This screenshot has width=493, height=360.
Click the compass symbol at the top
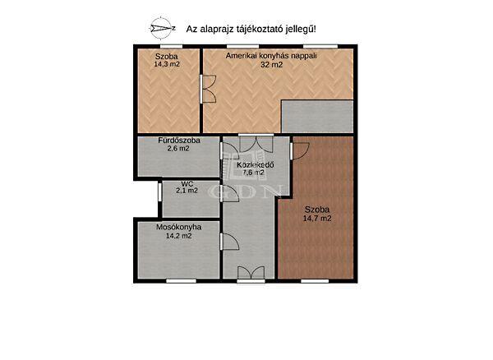[162, 28]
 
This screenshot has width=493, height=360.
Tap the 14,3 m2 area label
[167, 64]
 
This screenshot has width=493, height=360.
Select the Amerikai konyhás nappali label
[271, 56]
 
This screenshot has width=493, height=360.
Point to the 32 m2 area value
[271, 65]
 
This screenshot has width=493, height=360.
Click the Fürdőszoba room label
[179, 141]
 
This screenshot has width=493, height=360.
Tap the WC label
[187, 183]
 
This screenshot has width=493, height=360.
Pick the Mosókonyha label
[179, 227]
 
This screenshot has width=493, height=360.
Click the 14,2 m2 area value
[179, 236]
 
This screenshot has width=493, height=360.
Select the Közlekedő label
[256, 164]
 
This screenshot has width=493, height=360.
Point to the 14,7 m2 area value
[317, 218]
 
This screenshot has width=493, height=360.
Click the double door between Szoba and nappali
[208, 89]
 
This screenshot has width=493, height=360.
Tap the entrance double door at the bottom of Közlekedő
[251, 273]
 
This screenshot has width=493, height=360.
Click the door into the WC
[229, 193]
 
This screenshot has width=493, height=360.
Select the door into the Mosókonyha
[229, 242]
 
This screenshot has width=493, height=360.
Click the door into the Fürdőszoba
[229, 150]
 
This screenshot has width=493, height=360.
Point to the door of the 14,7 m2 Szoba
[300, 150]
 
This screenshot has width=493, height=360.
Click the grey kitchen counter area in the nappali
[317, 117]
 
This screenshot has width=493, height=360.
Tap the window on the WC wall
[159, 192]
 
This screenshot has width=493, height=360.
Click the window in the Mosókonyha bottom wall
[181, 281]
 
